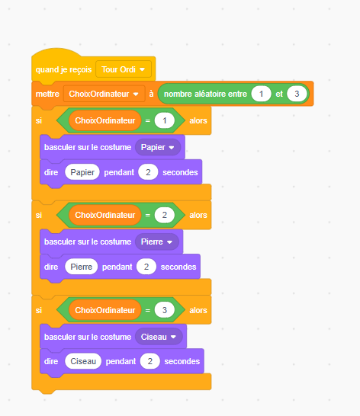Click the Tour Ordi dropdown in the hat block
point(124,69)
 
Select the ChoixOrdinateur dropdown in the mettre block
point(104,94)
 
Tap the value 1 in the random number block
point(261,94)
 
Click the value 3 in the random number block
point(297,94)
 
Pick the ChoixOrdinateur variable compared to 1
point(105,120)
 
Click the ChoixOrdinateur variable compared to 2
point(105,215)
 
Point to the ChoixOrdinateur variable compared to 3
point(105,310)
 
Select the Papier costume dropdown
point(158,147)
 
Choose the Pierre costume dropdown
point(157,242)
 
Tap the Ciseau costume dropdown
point(159,337)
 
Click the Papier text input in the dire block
point(82,172)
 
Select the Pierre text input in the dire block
point(82,267)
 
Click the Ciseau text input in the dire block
point(83,361)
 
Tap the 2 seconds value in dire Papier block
point(148,172)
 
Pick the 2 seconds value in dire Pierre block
point(146,267)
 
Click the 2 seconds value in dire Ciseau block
point(150,361)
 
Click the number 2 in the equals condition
point(165,215)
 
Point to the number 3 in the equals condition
point(165,310)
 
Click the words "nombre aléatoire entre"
point(205,94)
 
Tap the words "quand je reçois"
point(63,69)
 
